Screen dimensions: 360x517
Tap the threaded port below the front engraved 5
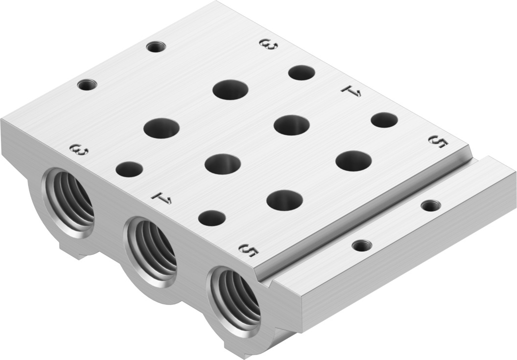pyautogui.click(x=235, y=298)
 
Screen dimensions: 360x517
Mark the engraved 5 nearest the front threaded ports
pyautogui.click(x=249, y=250)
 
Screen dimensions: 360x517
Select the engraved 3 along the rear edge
pyautogui.click(x=269, y=45)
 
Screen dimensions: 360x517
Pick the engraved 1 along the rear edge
pyautogui.click(x=351, y=90)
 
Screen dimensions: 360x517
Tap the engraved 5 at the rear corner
pyautogui.click(x=438, y=141)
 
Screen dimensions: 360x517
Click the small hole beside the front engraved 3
pyautogui.click(x=129, y=169)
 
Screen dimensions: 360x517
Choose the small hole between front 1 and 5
pyautogui.click(x=212, y=218)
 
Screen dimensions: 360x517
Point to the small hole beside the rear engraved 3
pyautogui.click(x=302, y=72)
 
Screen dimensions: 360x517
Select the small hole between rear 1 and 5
pyautogui.click(x=384, y=120)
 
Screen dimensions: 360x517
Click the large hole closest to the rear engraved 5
pyautogui.click(x=353, y=161)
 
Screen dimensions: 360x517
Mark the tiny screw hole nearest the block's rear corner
pyautogui.click(x=156, y=47)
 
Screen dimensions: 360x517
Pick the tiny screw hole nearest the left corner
pyautogui.click(x=87, y=85)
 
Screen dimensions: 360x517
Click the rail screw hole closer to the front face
pyautogui.click(x=362, y=245)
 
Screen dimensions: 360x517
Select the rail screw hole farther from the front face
pyautogui.click(x=430, y=205)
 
